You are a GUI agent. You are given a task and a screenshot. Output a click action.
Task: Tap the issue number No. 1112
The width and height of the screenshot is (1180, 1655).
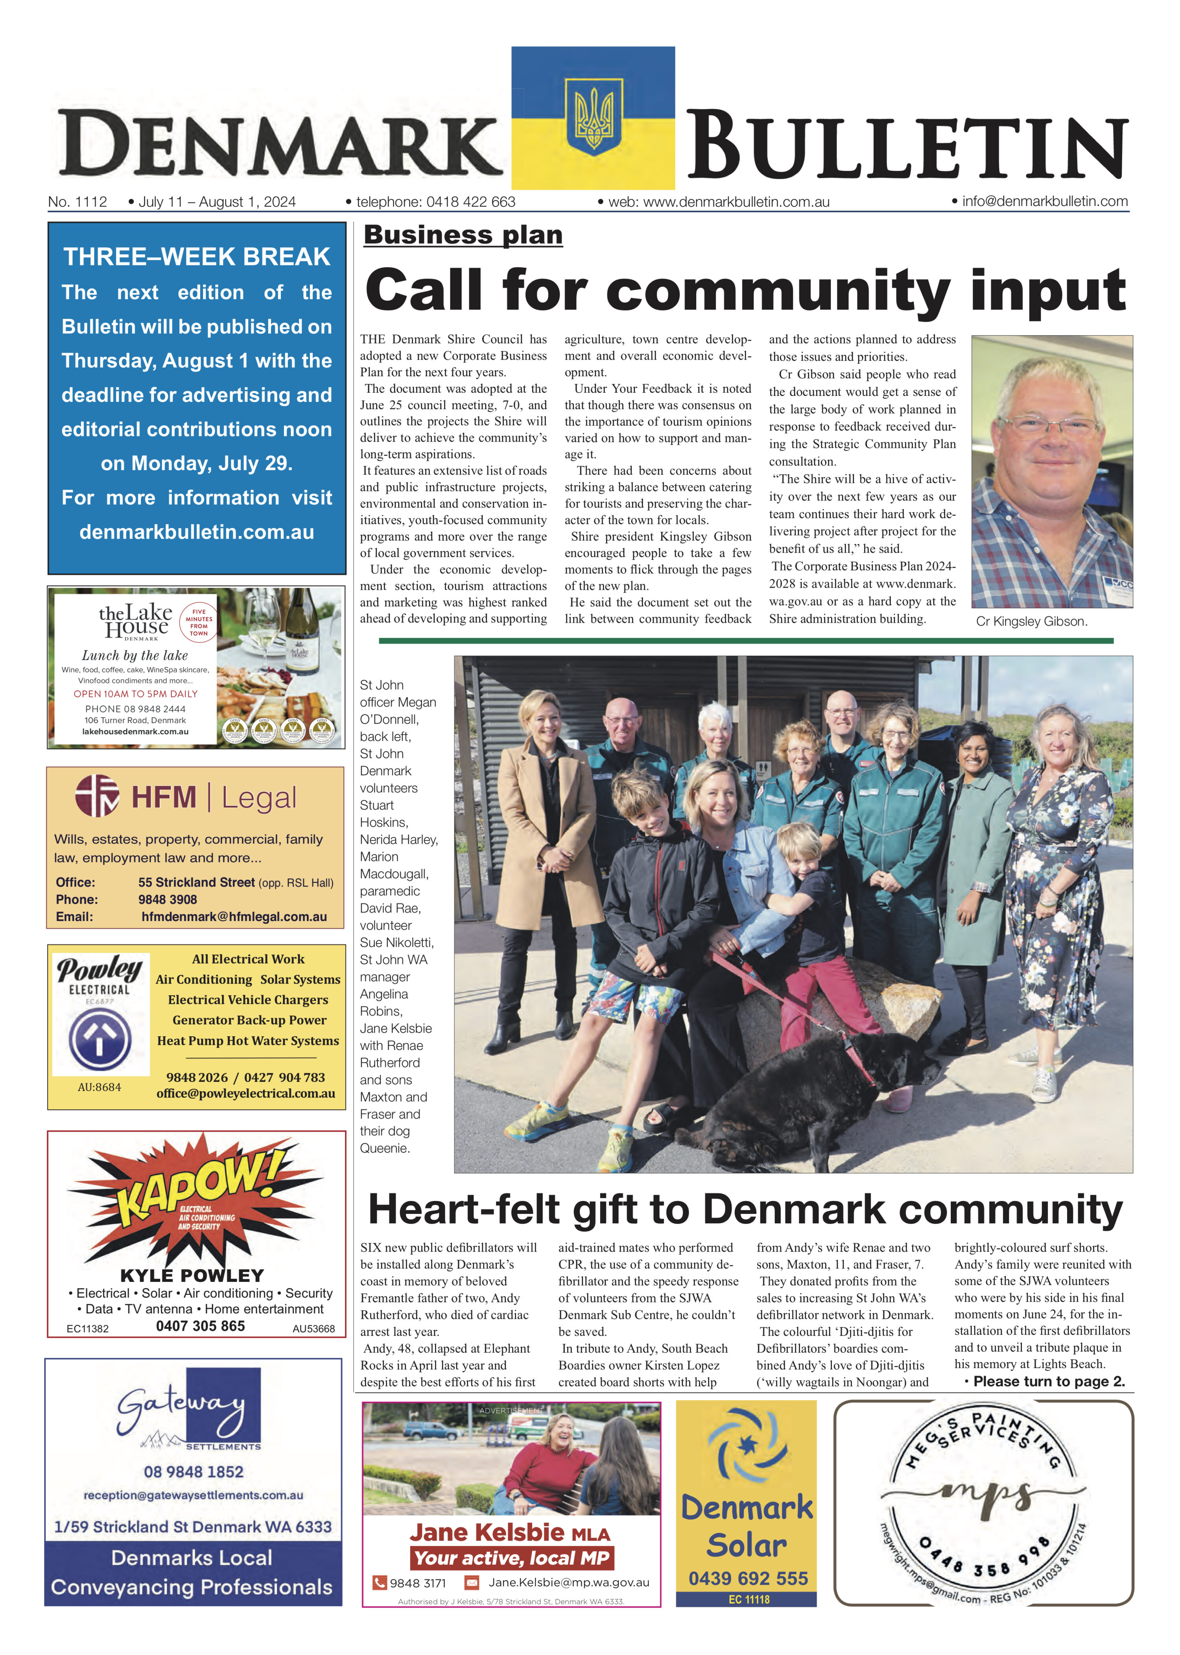coord(77,202)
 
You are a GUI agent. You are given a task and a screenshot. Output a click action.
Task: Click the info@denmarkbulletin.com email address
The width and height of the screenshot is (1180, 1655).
coord(1045,201)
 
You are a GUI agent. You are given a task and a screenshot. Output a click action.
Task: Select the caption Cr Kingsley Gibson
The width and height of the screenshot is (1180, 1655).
coord(1031,622)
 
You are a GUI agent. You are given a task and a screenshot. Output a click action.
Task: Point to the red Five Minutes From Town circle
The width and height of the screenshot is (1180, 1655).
coord(198,622)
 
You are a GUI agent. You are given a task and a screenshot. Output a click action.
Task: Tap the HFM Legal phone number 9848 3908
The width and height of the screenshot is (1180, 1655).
coord(168,899)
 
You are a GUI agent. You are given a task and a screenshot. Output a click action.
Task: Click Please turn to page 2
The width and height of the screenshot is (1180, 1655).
coord(1049,1381)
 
